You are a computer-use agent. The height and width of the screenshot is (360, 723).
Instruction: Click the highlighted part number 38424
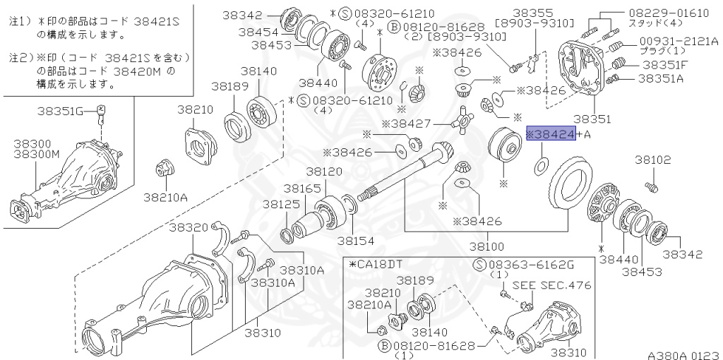[x=551, y=134]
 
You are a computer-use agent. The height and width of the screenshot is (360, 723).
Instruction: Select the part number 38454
[x=258, y=32]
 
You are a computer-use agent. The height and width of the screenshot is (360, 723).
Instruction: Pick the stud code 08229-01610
[x=674, y=13]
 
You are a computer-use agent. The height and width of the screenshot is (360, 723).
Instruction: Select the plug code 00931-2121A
[x=679, y=41]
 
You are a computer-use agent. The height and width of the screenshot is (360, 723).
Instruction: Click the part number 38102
[x=652, y=160]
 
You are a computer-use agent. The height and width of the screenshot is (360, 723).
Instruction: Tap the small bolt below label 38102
[x=652, y=187]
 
